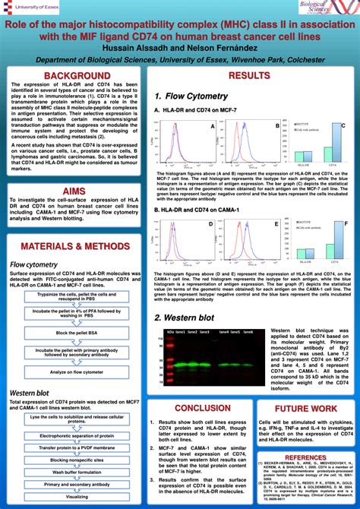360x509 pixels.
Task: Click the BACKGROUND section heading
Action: pos(76,76)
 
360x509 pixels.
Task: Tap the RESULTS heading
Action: pos(249,76)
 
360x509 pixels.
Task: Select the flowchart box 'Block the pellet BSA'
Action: pos(76,333)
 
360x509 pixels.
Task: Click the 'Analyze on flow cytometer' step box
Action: pos(76,371)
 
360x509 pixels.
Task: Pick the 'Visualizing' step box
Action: pos(76,495)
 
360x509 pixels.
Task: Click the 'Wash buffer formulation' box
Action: pos(76,472)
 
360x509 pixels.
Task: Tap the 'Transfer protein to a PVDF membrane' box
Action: pos(76,448)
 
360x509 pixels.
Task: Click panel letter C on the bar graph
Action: pos(343,125)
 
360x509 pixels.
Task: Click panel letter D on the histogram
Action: pos(211,224)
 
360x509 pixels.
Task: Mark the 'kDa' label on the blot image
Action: pos(170,332)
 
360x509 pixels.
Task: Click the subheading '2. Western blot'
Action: pos(185,318)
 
